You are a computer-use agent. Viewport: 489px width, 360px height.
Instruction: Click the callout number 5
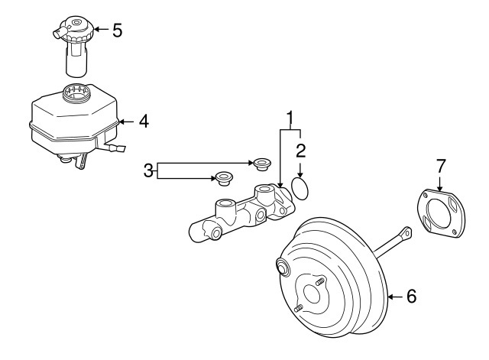tap(117, 31)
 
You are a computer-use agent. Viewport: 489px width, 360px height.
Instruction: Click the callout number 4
tap(144, 121)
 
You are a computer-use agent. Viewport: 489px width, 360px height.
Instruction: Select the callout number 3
tap(148, 170)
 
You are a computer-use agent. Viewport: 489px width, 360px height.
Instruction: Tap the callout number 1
tap(290, 118)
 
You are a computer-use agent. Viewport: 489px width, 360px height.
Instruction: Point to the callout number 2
tap(300, 151)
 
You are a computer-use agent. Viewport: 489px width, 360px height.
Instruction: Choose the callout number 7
tap(440, 166)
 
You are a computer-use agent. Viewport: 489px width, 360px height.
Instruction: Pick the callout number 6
tap(411, 296)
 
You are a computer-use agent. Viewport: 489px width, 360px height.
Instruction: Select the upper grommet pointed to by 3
tap(261, 164)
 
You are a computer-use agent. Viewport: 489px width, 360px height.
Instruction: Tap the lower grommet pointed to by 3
tap(224, 178)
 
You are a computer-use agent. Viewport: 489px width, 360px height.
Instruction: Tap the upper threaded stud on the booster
tap(319, 282)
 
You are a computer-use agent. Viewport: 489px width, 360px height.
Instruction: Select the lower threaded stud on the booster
tap(299, 308)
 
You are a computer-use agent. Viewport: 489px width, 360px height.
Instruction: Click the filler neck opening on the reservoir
tap(76, 93)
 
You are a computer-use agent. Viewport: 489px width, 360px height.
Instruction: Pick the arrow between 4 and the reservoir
tap(127, 122)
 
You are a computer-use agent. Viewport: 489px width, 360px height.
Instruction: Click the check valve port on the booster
tap(283, 267)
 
